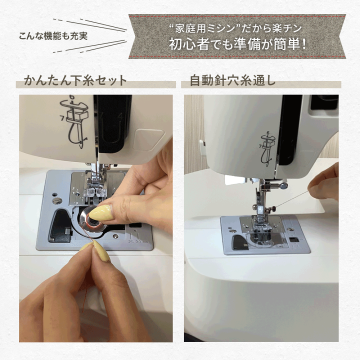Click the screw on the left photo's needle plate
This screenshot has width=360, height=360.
coord(56,200)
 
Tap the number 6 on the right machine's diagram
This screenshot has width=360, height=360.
coord(267,132)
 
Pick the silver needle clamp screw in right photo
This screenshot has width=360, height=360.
coord(283,185)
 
